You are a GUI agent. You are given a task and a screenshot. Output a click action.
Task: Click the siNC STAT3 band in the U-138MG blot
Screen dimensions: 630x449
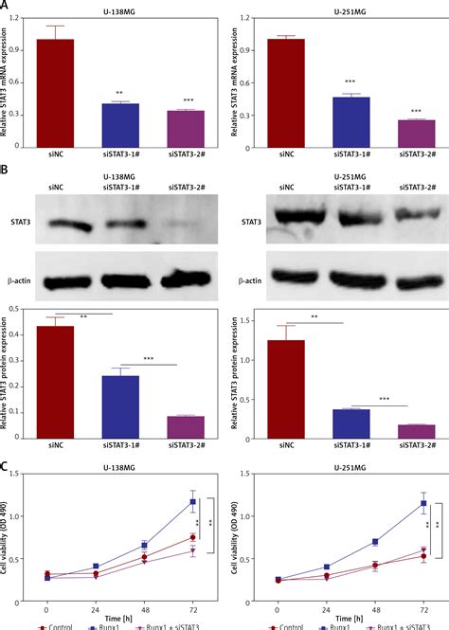68,225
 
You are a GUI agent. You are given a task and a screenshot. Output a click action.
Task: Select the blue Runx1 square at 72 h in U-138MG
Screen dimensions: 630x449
193,501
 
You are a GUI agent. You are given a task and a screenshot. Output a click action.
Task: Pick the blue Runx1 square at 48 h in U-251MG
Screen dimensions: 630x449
375,542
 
